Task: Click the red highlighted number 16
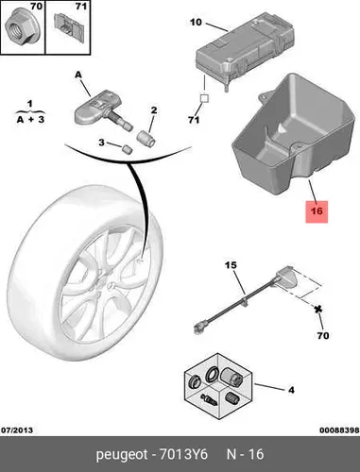pos(317,211)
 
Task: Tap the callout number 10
pos(196,23)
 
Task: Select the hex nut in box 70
pos(20,27)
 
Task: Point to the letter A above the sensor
pos(78,75)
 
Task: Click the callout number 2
pos(154,110)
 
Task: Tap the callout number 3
pos(101,143)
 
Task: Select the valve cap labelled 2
pos(146,138)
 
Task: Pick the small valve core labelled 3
pos(128,149)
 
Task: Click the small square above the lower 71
pos(204,98)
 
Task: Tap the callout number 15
pos(231,265)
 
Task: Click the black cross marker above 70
pos(318,310)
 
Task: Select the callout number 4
pos(291,390)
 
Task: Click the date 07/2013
pos(17,430)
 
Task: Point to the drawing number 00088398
pos(339,430)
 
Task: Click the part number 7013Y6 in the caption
pos(183,454)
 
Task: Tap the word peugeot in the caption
pos(122,455)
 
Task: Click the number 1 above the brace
pos(30,104)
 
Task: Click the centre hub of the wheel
pos(107,286)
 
